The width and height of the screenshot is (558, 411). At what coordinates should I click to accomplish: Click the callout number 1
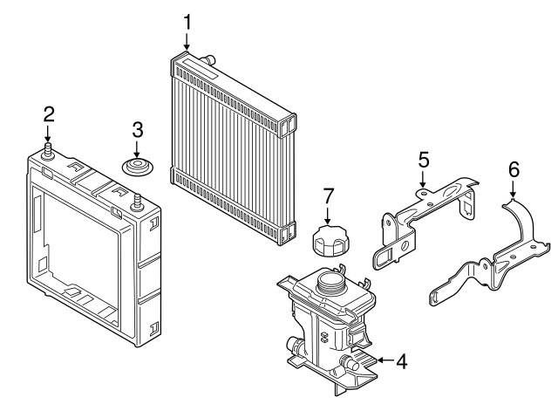(x=187, y=22)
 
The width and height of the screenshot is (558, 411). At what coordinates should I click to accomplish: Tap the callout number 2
(x=49, y=114)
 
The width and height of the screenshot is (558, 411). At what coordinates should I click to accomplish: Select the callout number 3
(x=138, y=130)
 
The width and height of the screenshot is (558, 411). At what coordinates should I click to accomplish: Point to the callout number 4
(x=401, y=361)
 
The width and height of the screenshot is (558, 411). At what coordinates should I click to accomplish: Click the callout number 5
(x=424, y=160)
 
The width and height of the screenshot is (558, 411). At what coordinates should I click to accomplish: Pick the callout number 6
(x=514, y=169)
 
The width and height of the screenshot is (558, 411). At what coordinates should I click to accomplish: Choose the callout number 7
(x=328, y=196)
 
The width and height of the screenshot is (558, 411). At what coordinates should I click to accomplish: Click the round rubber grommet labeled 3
(x=138, y=167)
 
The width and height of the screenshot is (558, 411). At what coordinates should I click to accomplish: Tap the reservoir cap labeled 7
(x=329, y=241)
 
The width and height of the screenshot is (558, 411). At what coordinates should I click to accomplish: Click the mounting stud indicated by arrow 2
(x=48, y=151)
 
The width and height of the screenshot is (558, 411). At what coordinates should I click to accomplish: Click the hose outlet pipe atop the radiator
(x=208, y=60)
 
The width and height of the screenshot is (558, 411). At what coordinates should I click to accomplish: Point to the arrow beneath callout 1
(x=187, y=42)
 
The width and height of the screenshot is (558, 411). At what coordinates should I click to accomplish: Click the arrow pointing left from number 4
(x=384, y=360)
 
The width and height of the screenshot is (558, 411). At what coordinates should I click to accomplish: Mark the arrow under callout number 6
(x=513, y=189)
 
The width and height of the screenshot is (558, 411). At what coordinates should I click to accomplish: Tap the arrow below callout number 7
(x=328, y=216)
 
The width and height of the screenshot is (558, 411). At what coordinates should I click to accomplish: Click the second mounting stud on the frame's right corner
(x=137, y=203)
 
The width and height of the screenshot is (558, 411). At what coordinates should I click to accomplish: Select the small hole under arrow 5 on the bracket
(x=422, y=194)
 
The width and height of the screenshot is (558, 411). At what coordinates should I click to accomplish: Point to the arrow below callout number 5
(x=422, y=179)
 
